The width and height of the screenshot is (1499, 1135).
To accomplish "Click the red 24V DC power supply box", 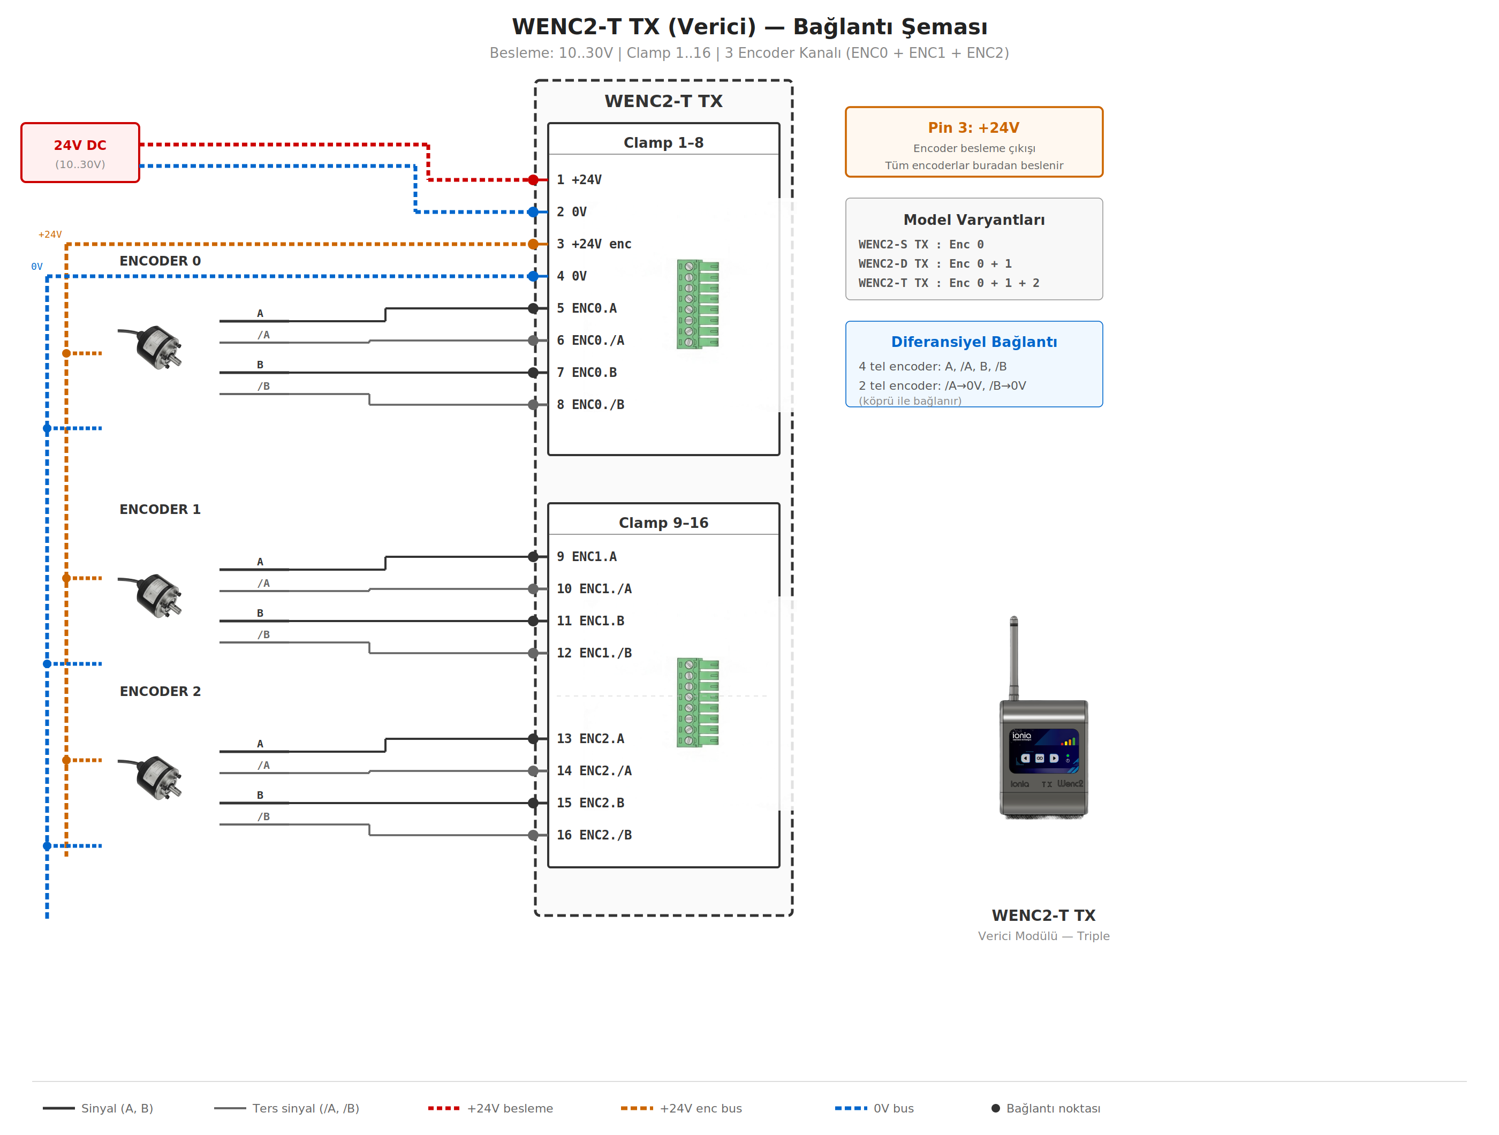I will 80,153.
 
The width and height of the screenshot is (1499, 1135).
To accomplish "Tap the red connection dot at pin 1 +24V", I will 533,179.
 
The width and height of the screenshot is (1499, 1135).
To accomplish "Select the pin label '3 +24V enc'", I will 594,244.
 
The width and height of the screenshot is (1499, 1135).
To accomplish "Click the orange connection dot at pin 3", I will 533,244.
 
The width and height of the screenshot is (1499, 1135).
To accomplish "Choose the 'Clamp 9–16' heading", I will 663,523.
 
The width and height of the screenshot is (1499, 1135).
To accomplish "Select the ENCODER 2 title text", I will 160,691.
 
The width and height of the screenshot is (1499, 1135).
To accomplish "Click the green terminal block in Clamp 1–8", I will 698,304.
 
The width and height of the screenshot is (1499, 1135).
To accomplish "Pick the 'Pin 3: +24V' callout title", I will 973,127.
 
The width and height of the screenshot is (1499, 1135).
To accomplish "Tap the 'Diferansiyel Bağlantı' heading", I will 973,342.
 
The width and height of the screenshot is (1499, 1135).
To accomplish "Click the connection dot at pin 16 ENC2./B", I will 533,835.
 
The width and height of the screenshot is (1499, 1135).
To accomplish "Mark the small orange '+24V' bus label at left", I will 49,234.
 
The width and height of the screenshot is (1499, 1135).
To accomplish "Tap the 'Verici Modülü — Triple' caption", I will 1043,936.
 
